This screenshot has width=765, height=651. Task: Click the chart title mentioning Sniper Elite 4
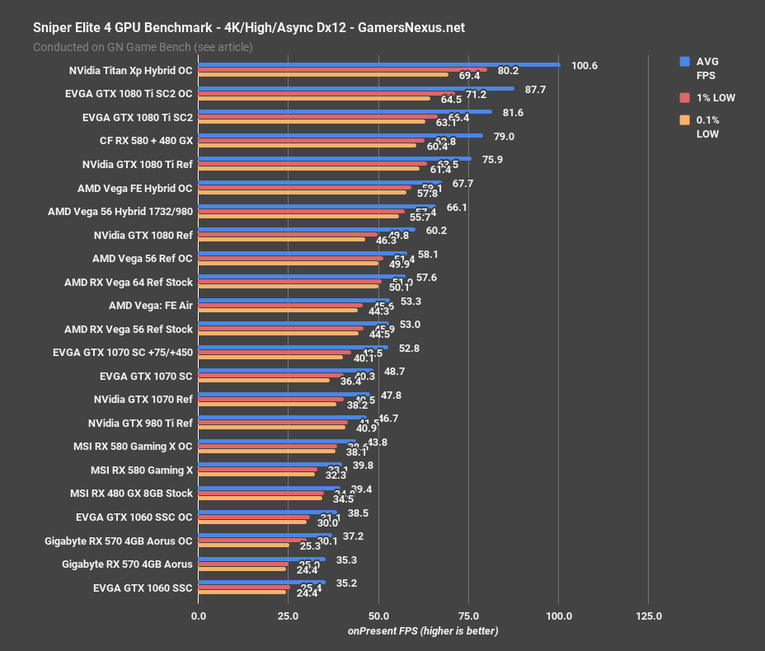pyautogui.click(x=248, y=27)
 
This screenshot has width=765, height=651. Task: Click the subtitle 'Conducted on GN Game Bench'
pyautogui.click(x=143, y=47)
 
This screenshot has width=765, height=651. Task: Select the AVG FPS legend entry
pyautogui.click(x=706, y=68)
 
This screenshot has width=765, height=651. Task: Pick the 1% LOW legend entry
pyautogui.click(x=715, y=98)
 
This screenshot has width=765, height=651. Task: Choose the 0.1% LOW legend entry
pyautogui.click(x=706, y=127)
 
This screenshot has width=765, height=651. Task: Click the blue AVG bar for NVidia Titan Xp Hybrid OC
pyautogui.click(x=379, y=64)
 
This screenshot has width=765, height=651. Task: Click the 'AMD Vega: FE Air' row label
pyautogui.click(x=150, y=306)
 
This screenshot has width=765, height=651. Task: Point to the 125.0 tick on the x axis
pyautogui.click(x=648, y=616)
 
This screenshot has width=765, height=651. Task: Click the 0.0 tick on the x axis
pyautogui.click(x=199, y=616)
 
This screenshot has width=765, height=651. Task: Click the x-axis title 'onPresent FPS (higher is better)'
pyautogui.click(x=422, y=631)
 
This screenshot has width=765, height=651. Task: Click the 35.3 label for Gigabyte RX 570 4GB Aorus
pyautogui.click(x=346, y=560)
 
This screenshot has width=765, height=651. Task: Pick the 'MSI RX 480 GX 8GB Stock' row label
pyautogui.click(x=131, y=494)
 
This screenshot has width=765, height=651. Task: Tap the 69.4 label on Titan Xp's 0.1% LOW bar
pyautogui.click(x=469, y=76)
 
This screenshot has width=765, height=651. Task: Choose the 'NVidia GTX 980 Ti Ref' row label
pyautogui.click(x=140, y=424)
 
